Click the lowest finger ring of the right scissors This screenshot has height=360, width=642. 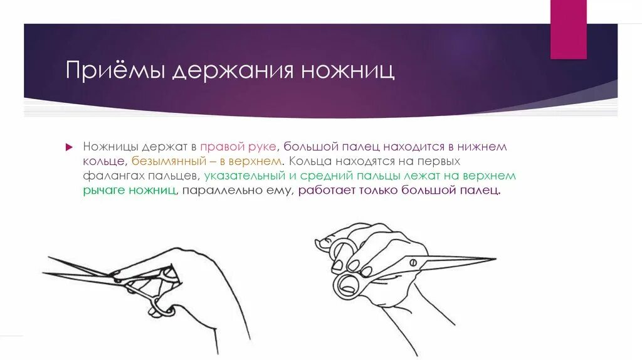tap(346, 285)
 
